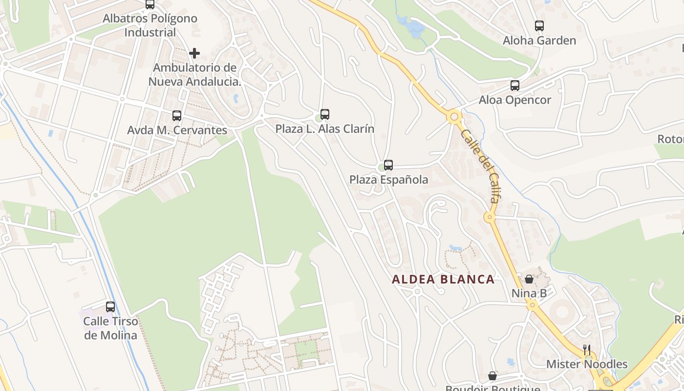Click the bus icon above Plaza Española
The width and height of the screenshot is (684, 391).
pyautogui.click(x=388, y=165)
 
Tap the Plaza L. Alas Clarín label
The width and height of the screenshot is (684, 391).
pyautogui.click(x=325, y=129)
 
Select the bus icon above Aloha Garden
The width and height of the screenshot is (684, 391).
pyautogui.click(x=539, y=26)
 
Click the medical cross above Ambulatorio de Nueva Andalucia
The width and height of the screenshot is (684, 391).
pyautogui.click(x=194, y=53)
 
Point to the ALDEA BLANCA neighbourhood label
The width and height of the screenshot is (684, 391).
pyautogui.click(x=443, y=280)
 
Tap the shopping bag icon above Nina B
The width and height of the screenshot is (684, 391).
pyautogui.click(x=529, y=280)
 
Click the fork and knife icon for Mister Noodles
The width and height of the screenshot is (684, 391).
pyautogui.click(x=587, y=350)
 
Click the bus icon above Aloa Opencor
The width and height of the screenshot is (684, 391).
pyautogui.click(x=515, y=86)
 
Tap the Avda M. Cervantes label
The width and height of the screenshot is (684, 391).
pyautogui.click(x=177, y=130)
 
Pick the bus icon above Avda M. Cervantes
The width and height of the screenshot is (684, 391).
pyautogui.click(x=177, y=116)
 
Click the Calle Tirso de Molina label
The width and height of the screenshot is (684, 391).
pyautogui.click(x=110, y=328)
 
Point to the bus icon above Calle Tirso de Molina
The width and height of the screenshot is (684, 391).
pyautogui.click(x=110, y=307)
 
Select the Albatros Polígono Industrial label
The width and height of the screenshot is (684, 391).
pyautogui.click(x=150, y=25)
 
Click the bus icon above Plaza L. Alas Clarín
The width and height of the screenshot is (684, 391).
pyautogui.click(x=325, y=114)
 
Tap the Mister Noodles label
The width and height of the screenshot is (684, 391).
pyautogui.click(x=587, y=364)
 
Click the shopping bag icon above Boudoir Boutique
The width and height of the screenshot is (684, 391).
pyautogui.click(x=492, y=376)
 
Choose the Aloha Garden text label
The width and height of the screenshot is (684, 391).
pyautogui.click(x=539, y=41)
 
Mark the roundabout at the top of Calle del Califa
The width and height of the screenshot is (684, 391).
pyautogui.click(x=454, y=117)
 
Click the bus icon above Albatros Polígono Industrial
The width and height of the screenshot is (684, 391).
pyautogui.click(x=150, y=4)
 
